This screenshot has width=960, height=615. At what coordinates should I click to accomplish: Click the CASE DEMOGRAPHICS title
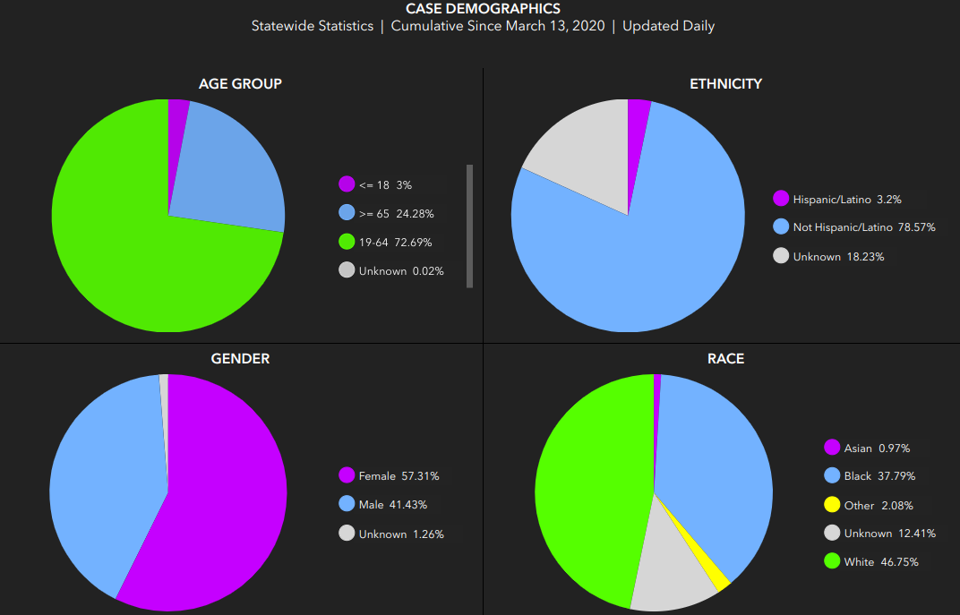[483, 9]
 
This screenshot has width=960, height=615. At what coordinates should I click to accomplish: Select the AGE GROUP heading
[240, 84]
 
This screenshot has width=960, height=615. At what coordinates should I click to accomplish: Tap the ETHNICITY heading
[725, 84]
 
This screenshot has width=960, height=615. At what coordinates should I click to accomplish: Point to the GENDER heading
[240, 359]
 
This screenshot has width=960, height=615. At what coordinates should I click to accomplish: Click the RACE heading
[725, 359]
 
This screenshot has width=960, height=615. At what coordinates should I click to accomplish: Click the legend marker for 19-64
[347, 242]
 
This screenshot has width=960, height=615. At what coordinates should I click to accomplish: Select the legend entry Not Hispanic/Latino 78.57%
[854, 227]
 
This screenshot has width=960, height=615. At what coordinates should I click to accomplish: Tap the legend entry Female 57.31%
[389, 475]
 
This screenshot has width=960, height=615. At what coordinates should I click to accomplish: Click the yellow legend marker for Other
[832, 505]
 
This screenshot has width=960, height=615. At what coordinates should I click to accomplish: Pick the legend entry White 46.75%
[871, 561]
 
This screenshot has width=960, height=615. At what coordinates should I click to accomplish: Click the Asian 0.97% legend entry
[867, 448]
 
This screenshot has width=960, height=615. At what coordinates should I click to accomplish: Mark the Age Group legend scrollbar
[469, 226]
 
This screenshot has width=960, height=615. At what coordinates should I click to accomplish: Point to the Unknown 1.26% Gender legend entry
[391, 534]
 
